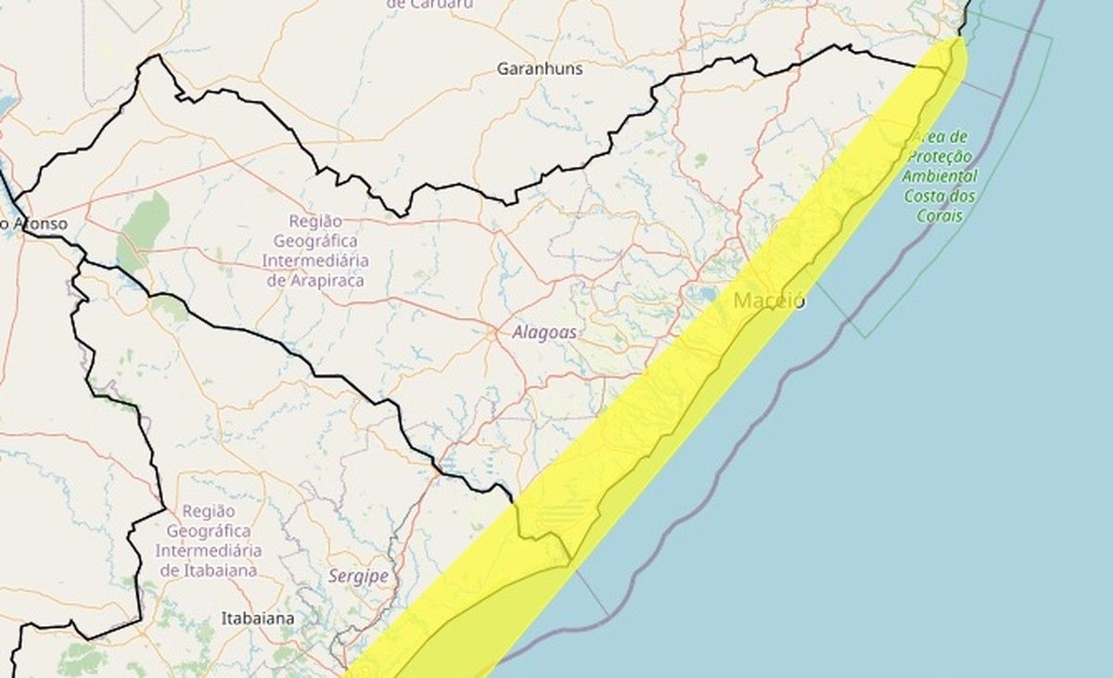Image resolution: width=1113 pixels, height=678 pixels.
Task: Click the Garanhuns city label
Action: tap(539, 68)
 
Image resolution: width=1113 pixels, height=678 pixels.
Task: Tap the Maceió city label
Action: tap(769, 301)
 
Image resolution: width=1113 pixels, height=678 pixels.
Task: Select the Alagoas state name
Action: tap(544, 332)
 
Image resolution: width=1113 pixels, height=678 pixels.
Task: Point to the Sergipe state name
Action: tap(358, 576)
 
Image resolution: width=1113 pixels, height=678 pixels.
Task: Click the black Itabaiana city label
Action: tap(258, 617)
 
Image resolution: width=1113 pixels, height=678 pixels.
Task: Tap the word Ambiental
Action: tap(942, 176)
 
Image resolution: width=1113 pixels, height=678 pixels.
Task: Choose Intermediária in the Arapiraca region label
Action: tap(315, 262)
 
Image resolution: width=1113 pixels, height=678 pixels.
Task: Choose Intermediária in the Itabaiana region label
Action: tap(209, 551)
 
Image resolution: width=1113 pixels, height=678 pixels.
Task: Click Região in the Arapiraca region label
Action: tap(315, 222)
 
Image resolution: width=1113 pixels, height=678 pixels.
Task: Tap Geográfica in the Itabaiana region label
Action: tap(209, 531)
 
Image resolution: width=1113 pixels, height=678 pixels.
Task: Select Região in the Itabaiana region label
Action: tap(209, 511)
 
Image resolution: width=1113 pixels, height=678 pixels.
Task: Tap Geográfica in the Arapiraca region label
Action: tap(315, 241)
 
